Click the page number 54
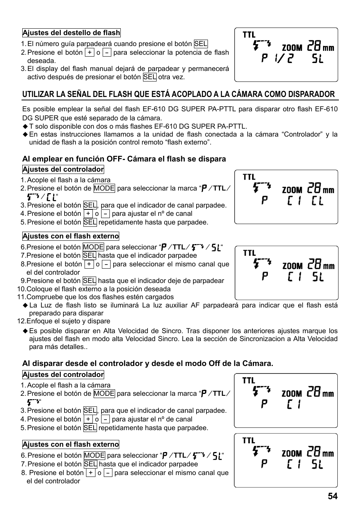tap(332, 496)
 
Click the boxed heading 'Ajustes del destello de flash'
tap(71, 33)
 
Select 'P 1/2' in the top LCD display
tap(277, 58)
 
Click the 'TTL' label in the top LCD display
tap(249, 35)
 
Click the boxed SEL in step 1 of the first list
tap(201, 44)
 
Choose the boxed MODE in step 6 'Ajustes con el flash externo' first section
tap(93, 247)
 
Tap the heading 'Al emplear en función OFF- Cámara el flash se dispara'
tap(124, 159)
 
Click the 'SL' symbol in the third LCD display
tap(318, 277)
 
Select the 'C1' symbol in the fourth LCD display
tap(294, 404)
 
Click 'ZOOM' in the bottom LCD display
tap(292, 454)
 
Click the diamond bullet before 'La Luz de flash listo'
tap(25, 305)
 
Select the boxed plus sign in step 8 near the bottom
tap(90, 473)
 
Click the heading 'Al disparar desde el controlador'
tap(147, 363)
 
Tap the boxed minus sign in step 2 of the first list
tap(107, 52)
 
